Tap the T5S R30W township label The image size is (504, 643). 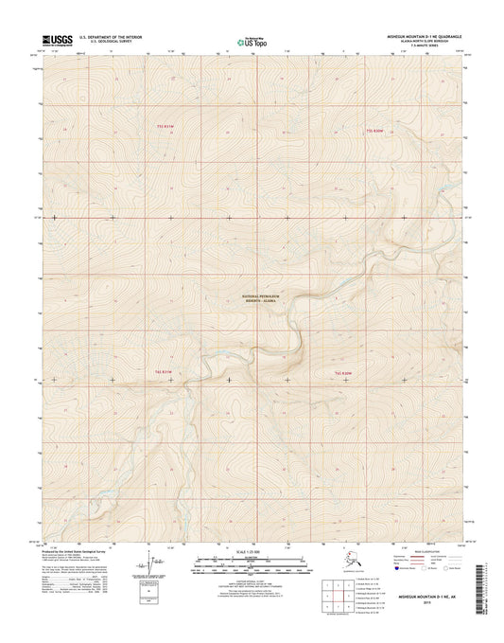[377, 126]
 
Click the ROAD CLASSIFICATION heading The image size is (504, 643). [412, 550]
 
